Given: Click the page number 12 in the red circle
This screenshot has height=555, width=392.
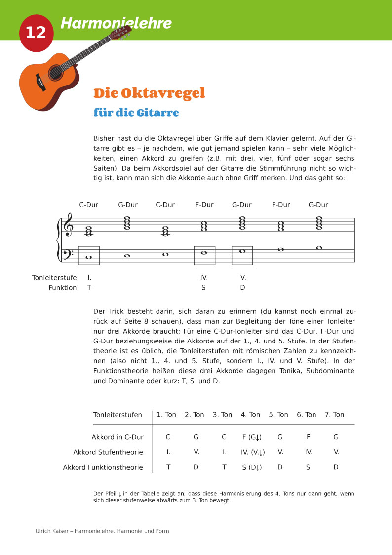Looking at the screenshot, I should point(36,33).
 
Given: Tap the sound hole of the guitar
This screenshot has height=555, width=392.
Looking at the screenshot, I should point(55,73).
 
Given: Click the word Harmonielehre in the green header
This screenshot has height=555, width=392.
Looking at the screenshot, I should point(116,23).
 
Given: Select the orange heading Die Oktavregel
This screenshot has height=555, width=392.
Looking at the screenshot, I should point(149,93).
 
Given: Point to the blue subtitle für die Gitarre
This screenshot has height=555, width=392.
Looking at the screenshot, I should point(136,113).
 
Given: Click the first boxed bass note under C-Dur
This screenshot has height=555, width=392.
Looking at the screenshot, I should point(89,256).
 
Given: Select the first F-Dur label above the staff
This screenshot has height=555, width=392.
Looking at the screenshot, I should point(204,205).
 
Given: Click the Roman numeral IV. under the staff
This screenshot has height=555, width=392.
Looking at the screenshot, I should point(204,277).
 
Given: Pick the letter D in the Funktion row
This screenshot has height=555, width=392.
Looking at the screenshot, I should point(242,287).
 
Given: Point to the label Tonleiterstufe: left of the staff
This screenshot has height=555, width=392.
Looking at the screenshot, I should point(55,277).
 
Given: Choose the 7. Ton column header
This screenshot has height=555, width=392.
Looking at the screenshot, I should point(334,415).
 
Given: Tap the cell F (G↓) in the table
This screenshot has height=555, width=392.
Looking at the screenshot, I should point(252,437).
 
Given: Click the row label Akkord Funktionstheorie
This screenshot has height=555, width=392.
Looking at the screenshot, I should point(103,467).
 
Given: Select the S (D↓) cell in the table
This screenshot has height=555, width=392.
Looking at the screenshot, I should point(252,467).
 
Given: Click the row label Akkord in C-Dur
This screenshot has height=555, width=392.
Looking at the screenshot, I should point(118,437).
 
